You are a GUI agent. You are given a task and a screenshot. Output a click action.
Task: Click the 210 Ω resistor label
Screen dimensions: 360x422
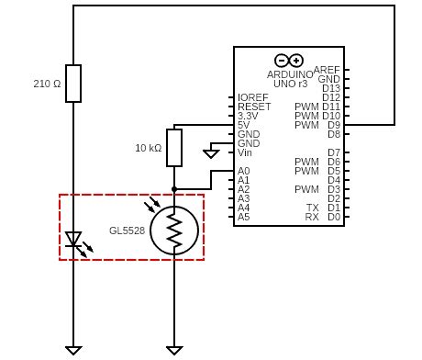pyautogui.click(x=47, y=84)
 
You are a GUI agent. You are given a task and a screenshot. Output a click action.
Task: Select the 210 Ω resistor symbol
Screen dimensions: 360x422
pyautogui.click(x=73, y=84)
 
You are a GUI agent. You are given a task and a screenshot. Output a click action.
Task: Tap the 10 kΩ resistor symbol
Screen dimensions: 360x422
pyautogui.click(x=174, y=148)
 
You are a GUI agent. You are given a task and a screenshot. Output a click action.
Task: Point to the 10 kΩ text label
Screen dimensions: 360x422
pyautogui.click(x=149, y=148)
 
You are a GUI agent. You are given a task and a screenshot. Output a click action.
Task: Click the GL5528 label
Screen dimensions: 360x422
pyautogui.click(x=127, y=230)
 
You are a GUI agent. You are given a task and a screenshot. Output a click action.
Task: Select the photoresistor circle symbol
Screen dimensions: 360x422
pyautogui.click(x=174, y=230)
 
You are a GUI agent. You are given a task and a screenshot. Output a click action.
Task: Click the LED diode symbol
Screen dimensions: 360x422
pyautogui.click(x=73, y=240)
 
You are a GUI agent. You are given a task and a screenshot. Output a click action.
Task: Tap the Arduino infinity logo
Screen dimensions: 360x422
pyautogui.click(x=288, y=61)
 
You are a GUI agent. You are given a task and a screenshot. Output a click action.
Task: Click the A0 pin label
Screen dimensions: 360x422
pyautogui.click(x=244, y=171)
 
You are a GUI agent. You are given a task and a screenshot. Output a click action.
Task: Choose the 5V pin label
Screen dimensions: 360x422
pyautogui.click(x=243, y=125)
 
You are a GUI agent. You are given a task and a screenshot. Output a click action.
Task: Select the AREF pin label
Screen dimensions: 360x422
pyautogui.click(x=327, y=70)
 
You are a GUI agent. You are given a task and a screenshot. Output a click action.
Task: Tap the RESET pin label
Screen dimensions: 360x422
pyautogui.click(x=253, y=107)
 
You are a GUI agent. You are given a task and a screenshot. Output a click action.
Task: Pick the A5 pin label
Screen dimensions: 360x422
pyautogui.click(x=244, y=217)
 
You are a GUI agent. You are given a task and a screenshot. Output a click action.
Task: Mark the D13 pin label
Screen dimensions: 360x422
pyautogui.click(x=331, y=88)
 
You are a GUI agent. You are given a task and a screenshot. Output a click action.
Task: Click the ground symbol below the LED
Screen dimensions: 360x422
pyautogui.click(x=73, y=350)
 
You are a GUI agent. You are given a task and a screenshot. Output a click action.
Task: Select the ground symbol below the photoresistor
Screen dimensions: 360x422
pyautogui.click(x=174, y=350)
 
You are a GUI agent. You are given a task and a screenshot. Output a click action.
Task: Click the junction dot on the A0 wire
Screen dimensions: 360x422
pyautogui.click(x=174, y=189)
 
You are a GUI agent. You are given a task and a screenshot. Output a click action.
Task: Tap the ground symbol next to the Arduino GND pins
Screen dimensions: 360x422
pyautogui.click(x=211, y=153)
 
